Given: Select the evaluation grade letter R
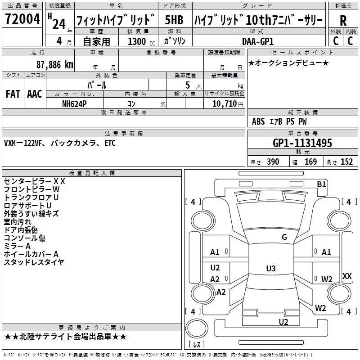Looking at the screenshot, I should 343,21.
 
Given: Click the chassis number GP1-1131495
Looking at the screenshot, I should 302,143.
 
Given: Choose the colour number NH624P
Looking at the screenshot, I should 75,103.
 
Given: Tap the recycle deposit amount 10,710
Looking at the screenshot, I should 223,103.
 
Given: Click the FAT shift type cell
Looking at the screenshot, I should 13,94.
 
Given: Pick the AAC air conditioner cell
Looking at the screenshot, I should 35,94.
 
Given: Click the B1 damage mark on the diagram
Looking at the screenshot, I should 321,184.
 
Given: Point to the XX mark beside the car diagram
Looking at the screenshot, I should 347,276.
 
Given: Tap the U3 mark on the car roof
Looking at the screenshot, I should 270,269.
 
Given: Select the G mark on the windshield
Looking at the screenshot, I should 284,237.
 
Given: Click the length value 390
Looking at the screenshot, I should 273,162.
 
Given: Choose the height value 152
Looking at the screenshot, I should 346,162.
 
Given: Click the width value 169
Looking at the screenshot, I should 310,162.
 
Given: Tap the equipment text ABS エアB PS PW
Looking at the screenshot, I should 279,121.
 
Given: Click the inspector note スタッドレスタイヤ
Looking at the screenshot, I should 34,262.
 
